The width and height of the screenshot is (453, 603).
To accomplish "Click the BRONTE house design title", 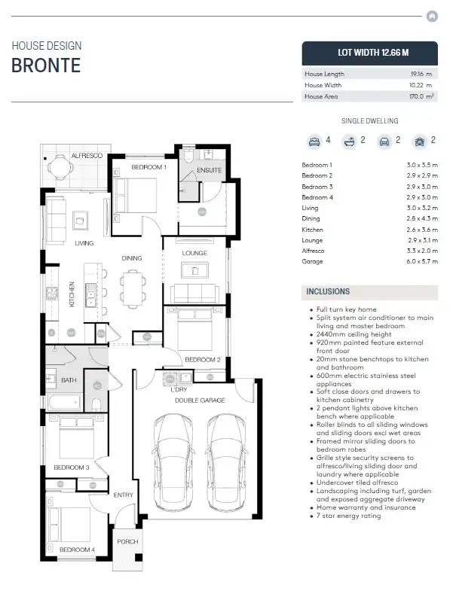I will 46,65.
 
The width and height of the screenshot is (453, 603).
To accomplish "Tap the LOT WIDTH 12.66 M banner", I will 369,53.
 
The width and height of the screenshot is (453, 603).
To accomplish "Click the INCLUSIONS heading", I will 328,291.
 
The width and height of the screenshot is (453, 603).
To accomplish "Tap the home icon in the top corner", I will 432,15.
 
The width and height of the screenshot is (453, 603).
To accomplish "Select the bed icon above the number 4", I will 314,141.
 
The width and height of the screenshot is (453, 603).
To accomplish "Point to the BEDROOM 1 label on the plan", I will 148,167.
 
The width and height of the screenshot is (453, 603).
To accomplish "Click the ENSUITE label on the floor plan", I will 209,171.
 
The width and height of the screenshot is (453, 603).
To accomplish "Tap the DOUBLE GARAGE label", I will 200,400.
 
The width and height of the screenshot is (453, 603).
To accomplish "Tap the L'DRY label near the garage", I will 179,389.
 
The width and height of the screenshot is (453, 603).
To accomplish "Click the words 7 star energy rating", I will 348,516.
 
